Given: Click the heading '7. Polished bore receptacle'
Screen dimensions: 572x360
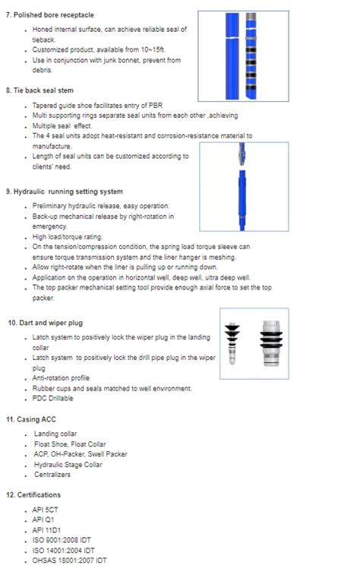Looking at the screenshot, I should (50, 14).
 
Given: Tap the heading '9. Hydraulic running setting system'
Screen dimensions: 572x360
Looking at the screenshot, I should (65, 191).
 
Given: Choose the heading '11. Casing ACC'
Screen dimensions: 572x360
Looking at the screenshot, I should (31, 419).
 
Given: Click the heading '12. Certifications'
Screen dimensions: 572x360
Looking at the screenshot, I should (33, 495).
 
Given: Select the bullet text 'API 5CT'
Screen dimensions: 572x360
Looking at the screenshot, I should (44, 510).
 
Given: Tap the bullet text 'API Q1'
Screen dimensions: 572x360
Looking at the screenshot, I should (43, 520).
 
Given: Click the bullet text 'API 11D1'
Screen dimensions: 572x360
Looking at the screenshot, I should (46, 529).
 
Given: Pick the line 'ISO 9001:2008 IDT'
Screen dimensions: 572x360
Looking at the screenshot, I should (60, 539).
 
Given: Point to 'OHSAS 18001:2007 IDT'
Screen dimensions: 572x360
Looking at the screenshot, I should (69, 560).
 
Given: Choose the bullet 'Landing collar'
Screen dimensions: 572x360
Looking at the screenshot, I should (55, 435).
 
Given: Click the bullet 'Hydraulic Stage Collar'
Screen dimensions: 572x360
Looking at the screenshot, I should (68, 464).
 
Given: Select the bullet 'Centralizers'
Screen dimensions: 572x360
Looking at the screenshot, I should (53, 475).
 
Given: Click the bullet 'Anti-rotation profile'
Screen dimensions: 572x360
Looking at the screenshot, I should (61, 378).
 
